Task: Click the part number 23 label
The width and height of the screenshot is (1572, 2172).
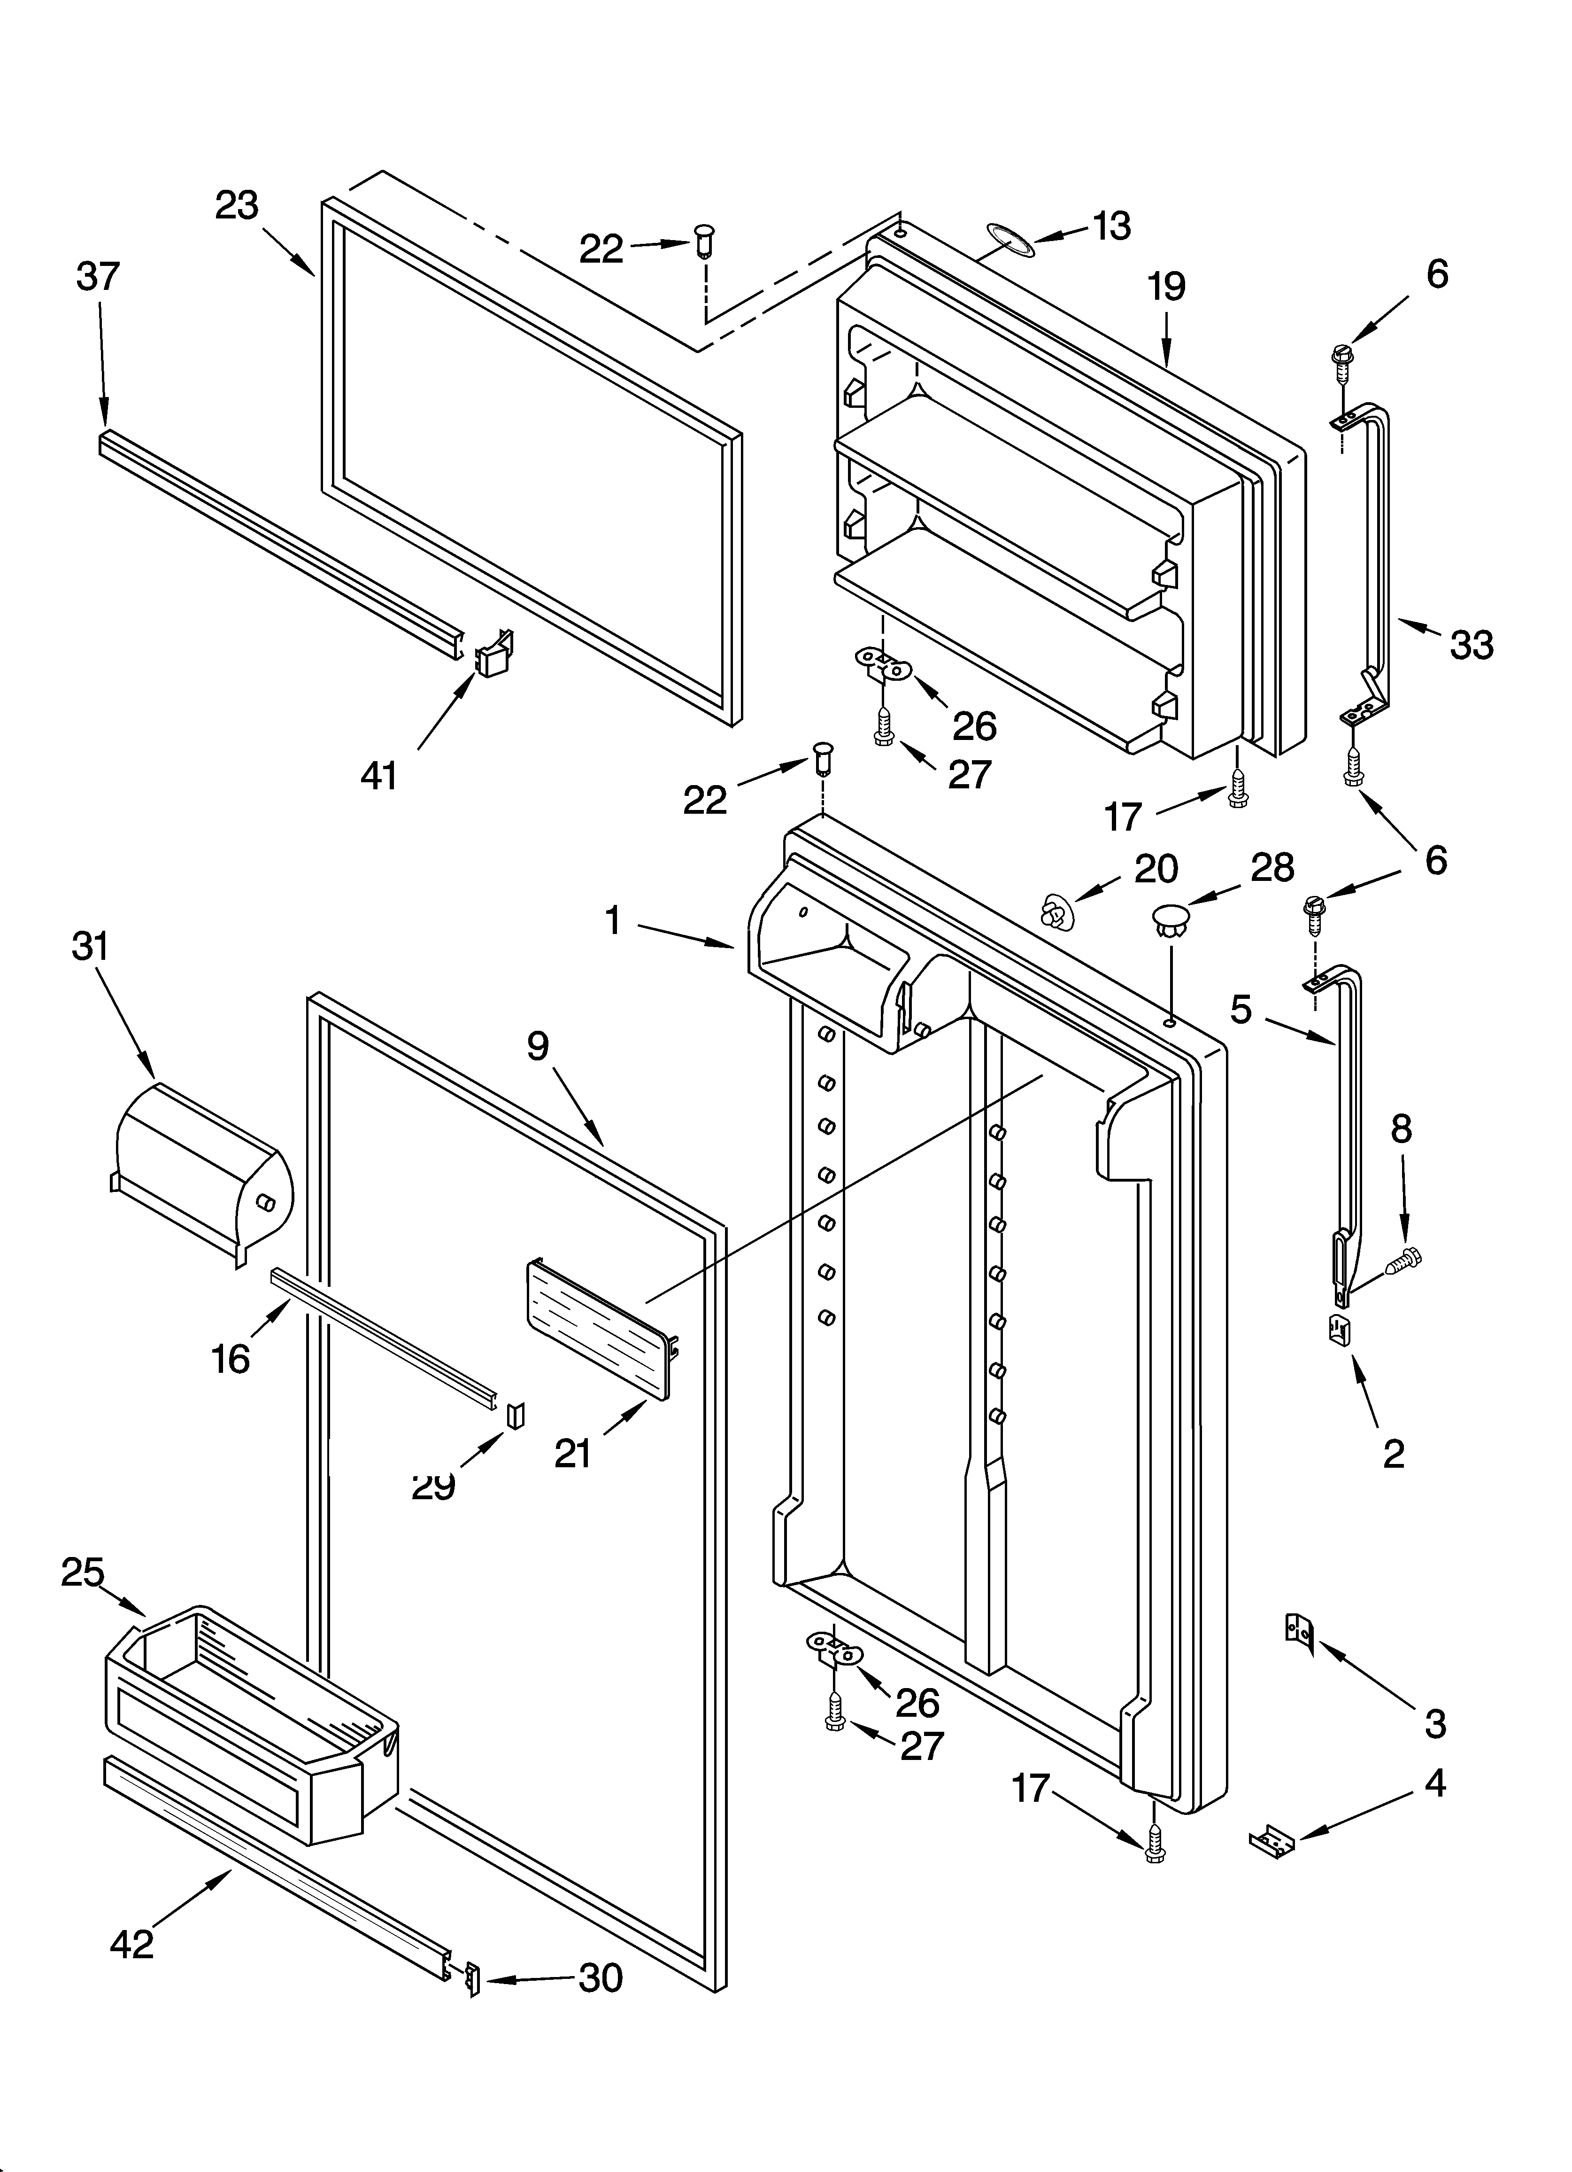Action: tap(237, 206)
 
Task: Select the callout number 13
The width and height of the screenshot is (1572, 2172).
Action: tap(1110, 226)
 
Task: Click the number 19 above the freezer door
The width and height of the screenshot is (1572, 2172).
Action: tap(1166, 288)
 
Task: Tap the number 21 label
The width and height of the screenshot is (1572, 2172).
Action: tap(573, 1454)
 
